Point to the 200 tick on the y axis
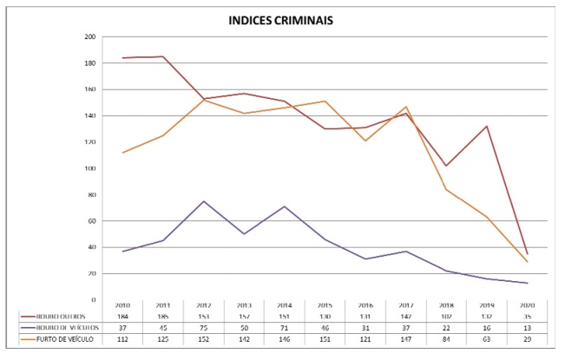(x=90, y=37)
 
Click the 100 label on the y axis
(x=90, y=168)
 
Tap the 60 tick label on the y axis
(x=92, y=221)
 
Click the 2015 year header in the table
(x=324, y=306)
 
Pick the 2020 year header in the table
(x=527, y=306)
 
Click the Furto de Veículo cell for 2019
(x=486, y=340)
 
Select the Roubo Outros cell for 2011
(x=162, y=317)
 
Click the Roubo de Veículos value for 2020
(x=527, y=328)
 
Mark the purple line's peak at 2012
(x=202, y=201)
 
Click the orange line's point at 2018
(x=446, y=189)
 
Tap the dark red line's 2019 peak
(x=486, y=127)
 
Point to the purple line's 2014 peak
(x=284, y=206)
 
